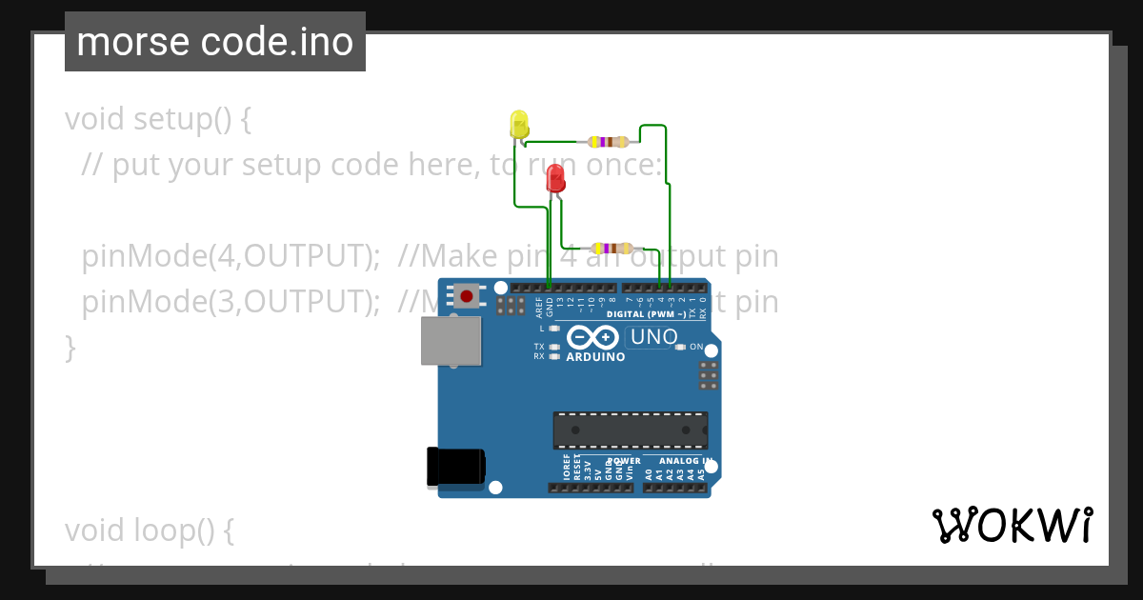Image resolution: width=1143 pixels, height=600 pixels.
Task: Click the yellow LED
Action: tap(519, 125)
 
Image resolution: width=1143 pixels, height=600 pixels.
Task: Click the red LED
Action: tap(555, 178)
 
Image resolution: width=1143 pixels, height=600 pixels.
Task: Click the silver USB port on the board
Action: tap(451, 341)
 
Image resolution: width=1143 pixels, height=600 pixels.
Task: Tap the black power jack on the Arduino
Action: tap(455, 467)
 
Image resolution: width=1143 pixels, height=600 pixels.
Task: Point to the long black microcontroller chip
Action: tap(631, 430)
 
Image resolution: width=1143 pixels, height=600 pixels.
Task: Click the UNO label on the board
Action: tap(654, 337)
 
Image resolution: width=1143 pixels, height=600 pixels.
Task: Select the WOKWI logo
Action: tap(1012, 526)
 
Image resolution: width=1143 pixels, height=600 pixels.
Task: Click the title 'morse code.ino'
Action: tap(214, 42)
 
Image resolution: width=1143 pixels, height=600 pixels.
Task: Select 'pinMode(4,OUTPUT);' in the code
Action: tap(225, 256)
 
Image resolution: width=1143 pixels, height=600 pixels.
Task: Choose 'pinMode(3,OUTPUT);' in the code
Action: tap(225, 302)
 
